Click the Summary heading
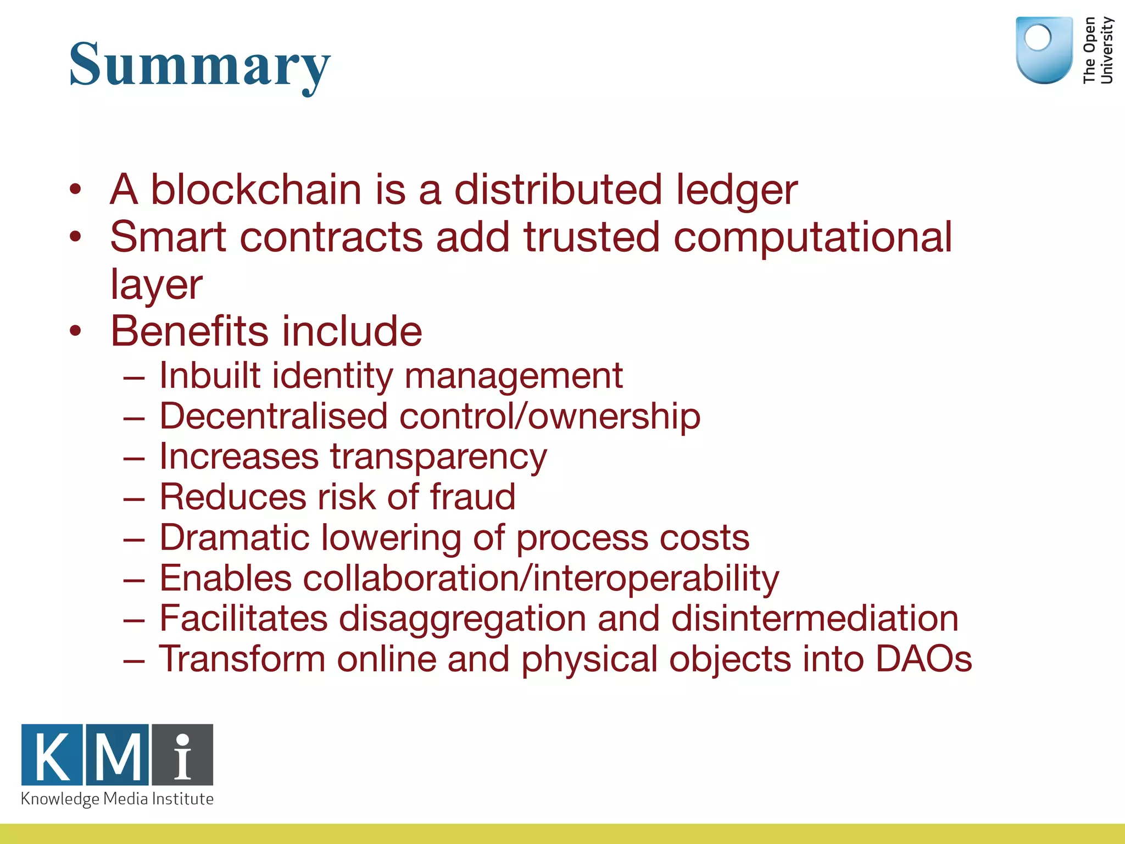[200, 65]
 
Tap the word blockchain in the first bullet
[256, 190]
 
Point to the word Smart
[168, 237]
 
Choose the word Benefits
[189, 331]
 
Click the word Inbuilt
[209, 376]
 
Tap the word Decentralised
[273, 416]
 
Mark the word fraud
[472, 497]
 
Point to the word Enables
[225, 578]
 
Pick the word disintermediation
[815, 619]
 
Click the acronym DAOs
[923, 659]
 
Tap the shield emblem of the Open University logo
[1044, 50]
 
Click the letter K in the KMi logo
[52, 755]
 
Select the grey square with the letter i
[182, 755]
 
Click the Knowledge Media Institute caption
[117, 799]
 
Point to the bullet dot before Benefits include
[75, 331]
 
